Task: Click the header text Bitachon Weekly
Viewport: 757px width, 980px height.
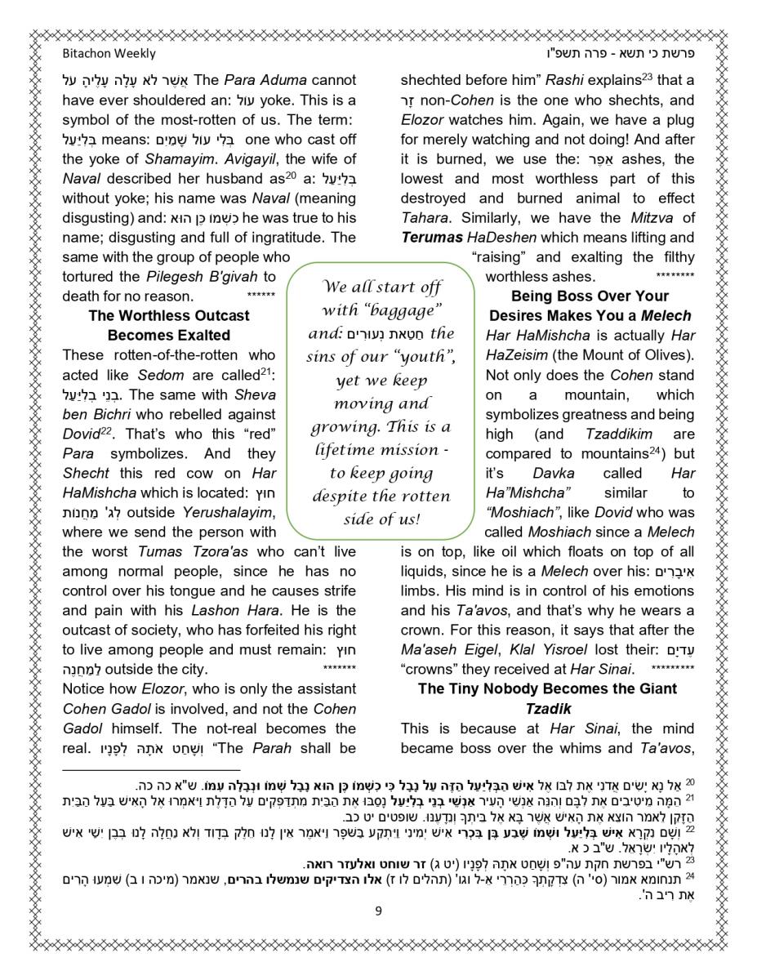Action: (x=109, y=54)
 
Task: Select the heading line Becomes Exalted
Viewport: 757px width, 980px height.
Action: (x=169, y=336)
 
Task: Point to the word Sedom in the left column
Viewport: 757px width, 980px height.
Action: (x=161, y=376)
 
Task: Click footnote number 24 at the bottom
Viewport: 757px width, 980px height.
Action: (x=689, y=878)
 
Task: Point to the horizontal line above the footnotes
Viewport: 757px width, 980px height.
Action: (x=152, y=770)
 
